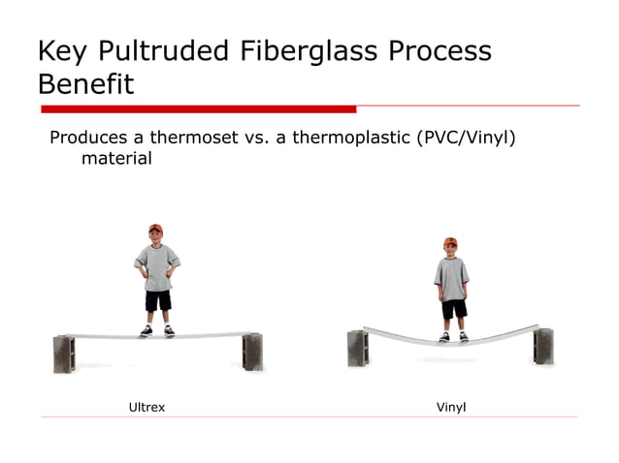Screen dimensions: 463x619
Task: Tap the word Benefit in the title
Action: [85, 84]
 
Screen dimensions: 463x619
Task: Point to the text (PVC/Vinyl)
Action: [464, 137]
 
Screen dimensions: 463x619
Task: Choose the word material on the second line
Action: [116, 157]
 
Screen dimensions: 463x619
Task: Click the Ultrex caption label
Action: [147, 407]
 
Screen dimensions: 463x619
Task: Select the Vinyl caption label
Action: [451, 407]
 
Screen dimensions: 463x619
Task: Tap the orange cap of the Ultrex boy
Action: [155, 230]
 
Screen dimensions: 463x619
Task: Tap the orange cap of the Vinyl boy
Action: [450, 242]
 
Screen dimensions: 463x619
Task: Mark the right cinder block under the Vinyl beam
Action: [543, 345]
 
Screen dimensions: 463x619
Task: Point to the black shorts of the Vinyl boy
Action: [453, 309]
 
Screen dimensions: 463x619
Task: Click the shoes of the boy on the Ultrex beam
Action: [157, 331]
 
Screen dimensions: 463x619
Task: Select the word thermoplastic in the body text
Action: [347, 137]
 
